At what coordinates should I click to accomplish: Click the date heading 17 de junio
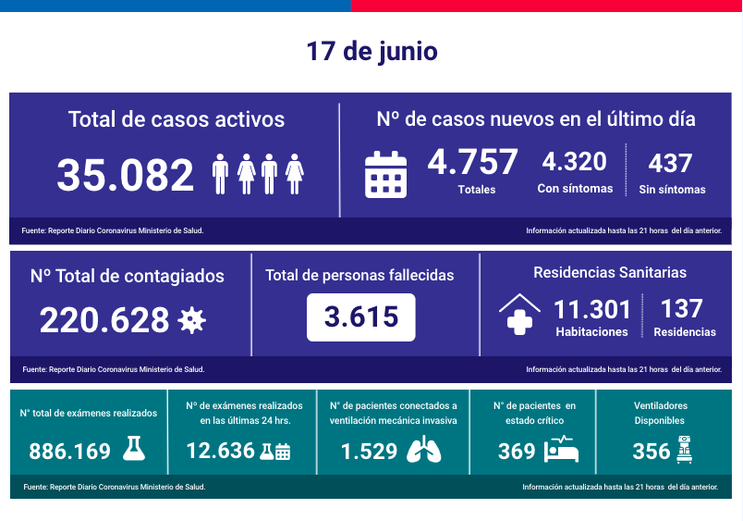(x=371, y=51)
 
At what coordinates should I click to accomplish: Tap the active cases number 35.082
(x=126, y=175)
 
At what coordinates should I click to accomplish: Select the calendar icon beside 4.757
(x=385, y=174)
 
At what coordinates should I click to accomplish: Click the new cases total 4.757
(x=472, y=162)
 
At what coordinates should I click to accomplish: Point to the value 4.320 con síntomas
(x=574, y=162)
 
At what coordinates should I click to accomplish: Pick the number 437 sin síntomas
(x=671, y=163)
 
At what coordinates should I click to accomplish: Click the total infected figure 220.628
(x=104, y=320)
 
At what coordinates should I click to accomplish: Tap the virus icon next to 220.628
(x=192, y=321)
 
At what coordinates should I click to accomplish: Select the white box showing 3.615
(x=360, y=317)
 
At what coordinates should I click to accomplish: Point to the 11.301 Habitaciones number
(x=592, y=309)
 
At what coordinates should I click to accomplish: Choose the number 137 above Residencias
(x=683, y=308)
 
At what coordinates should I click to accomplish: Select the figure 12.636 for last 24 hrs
(x=221, y=451)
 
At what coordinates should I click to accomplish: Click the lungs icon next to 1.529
(x=423, y=451)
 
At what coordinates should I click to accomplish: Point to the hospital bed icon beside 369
(x=562, y=451)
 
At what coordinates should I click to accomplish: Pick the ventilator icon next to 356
(x=685, y=450)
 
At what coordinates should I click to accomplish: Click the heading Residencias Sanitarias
(x=610, y=272)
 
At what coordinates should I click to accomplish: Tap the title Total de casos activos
(x=176, y=119)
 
